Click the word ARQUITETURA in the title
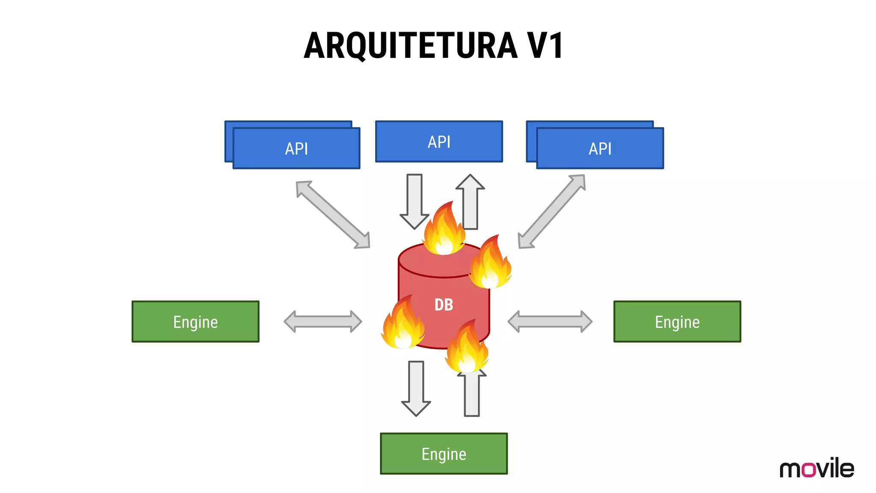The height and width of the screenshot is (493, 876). click(411, 46)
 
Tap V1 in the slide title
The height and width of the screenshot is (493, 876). click(545, 46)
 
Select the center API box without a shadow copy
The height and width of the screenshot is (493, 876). click(439, 142)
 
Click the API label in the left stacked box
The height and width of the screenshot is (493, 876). click(296, 149)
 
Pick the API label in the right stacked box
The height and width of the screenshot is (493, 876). click(600, 149)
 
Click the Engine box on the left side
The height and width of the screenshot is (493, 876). click(195, 322)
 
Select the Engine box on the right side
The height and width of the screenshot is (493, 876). click(677, 322)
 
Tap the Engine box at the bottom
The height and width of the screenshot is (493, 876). click(444, 454)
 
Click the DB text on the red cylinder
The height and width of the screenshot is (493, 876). click(444, 305)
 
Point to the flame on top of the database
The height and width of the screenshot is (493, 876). click(444, 231)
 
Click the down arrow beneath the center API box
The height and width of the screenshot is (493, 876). click(414, 201)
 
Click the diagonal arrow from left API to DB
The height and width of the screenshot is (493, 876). click(333, 214)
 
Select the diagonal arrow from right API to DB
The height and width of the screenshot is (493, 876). click(551, 211)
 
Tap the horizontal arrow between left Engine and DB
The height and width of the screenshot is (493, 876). click(323, 321)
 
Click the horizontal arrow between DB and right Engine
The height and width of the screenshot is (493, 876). click(550, 321)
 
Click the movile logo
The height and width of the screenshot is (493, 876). click(817, 468)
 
